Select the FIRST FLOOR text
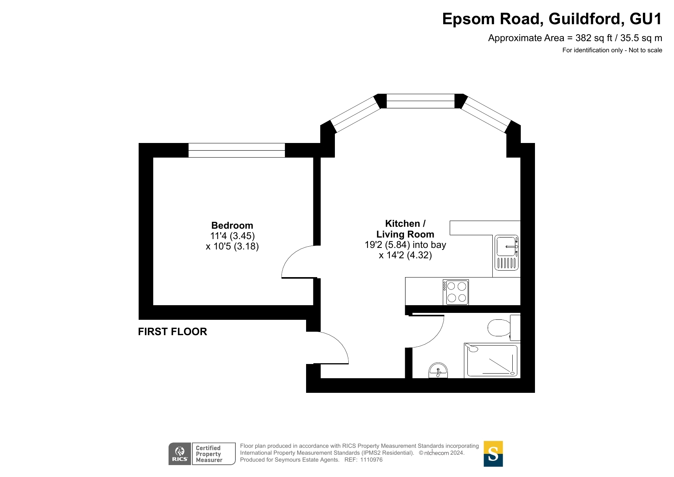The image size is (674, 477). [x=172, y=332]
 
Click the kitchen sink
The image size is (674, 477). [x=507, y=253]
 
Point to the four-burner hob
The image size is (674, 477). [x=456, y=292]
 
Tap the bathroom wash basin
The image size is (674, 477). [x=438, y=371]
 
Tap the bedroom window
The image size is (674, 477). [x=237, y=150]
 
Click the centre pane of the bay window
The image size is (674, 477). [x=421, y=101]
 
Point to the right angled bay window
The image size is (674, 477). [x=486, y=115]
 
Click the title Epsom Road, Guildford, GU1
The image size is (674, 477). [x=552, y=19]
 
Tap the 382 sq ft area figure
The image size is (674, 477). [x=594, y=38]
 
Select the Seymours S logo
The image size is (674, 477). [x=493, y=454]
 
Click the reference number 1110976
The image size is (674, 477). [x=371, y=460]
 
